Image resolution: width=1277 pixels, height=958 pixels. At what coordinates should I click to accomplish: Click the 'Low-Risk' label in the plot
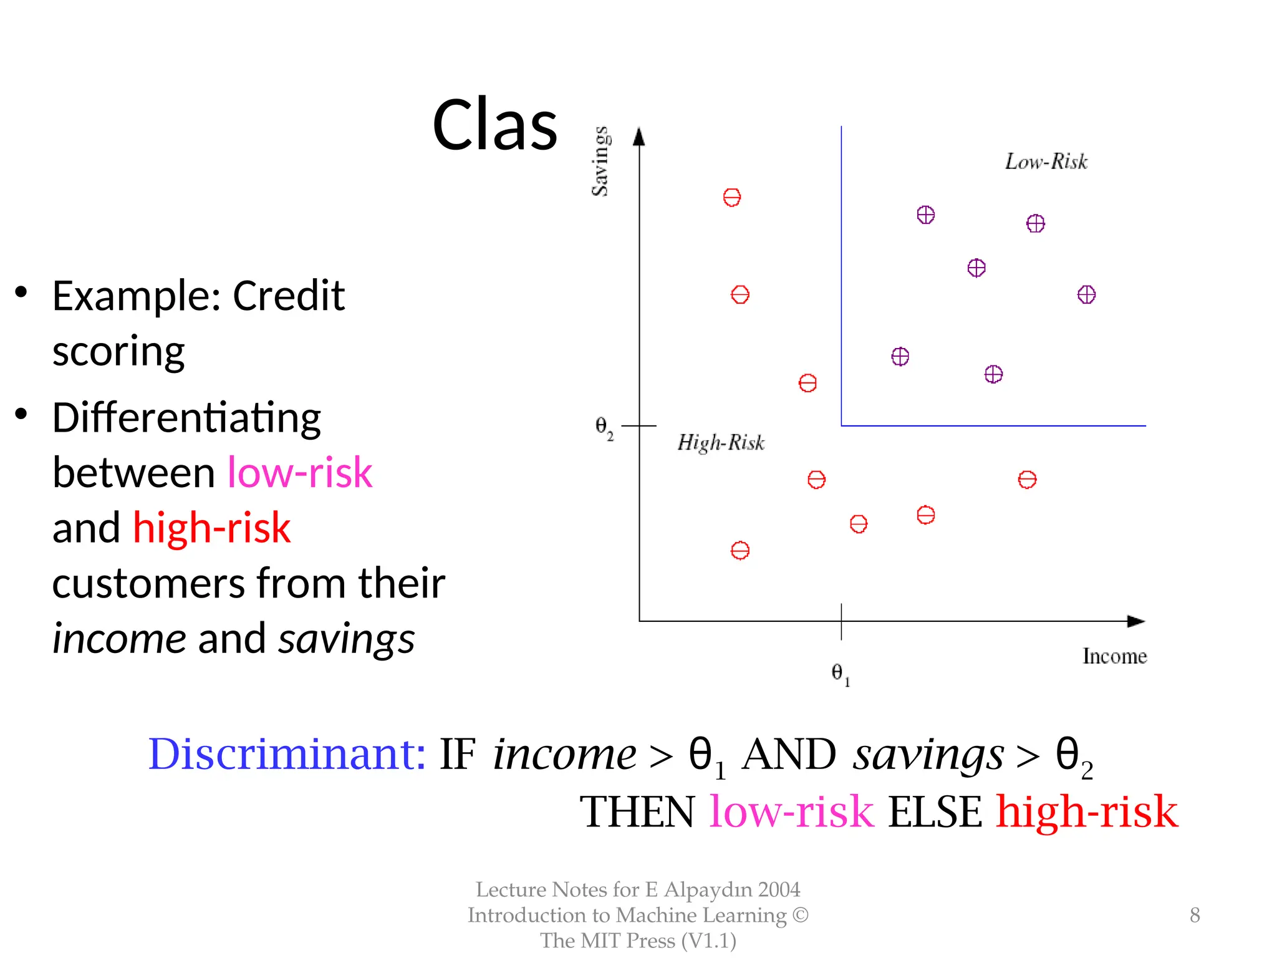click(1046, 162)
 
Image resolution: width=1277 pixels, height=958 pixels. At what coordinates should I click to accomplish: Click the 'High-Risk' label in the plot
click(721, 443)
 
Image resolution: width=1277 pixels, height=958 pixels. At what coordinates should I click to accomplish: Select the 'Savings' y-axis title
click(600, 161)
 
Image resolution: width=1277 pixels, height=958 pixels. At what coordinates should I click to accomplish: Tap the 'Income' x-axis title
click(1114, 656)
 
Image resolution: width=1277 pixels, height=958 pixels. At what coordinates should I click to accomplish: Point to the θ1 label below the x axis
click(840, 674)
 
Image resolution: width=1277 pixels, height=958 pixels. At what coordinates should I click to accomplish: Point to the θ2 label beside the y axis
click(604, 427)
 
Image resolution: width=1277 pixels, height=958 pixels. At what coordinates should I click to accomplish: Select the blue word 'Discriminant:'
click(287, 754)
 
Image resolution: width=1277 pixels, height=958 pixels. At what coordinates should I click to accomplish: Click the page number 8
click(1195, 915)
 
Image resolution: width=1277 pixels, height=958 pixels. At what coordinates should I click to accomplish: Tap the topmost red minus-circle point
click(732, 198)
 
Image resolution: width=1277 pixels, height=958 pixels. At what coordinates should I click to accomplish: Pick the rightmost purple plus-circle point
click(1086, 294)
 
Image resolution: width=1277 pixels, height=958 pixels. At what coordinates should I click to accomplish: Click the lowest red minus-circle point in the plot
click(740, 551)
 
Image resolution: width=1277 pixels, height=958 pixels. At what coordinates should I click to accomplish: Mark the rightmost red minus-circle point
click(1027, 480)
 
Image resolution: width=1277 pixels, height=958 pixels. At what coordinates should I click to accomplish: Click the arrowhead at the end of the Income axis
click(1136, 621)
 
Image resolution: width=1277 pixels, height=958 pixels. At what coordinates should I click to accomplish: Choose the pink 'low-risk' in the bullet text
click(299, 472)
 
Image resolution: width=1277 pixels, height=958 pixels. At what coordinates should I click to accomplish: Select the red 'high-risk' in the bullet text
click(211, 528)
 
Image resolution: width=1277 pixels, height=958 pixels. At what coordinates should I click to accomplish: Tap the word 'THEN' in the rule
click(637, 812)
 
